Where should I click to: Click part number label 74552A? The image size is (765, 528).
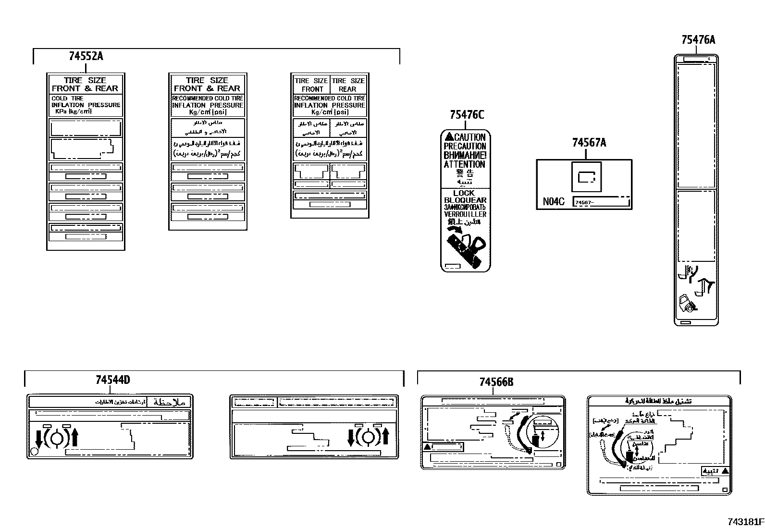[86, 56]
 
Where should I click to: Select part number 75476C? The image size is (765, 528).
[467, 115]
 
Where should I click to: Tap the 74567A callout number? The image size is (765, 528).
[589, 143]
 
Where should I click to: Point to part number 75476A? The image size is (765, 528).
[698, 40]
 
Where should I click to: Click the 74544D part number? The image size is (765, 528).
[112, 380]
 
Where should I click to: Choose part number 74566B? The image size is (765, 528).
[496, 382]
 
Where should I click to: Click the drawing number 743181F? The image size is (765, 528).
[745, 521]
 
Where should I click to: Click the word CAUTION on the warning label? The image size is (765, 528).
[469, 137]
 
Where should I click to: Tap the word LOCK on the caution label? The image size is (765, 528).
[464, 193]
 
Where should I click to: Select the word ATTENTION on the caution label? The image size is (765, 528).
[464, 164]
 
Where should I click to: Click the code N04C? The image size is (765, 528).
[553, 202]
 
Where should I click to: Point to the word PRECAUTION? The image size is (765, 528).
[465, 147]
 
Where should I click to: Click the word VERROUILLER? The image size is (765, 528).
[465, 214]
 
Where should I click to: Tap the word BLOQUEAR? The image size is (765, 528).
[465, 200]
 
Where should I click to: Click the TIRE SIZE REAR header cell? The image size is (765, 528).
[348, 85]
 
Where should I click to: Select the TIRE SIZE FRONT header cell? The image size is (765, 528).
[311, 85]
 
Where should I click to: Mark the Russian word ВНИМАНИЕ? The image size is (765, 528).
[465, 155]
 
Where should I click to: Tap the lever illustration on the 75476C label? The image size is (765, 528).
[465, 247]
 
